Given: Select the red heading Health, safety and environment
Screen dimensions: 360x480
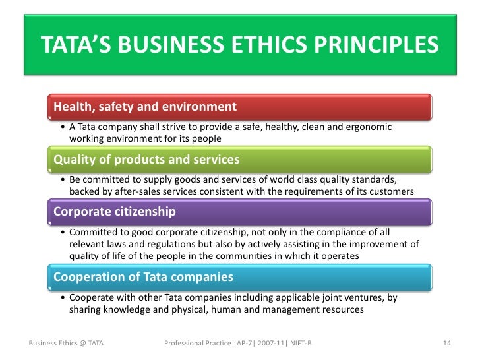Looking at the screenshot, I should tap(144, 106).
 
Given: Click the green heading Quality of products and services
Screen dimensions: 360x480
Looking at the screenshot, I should tap(146, 160).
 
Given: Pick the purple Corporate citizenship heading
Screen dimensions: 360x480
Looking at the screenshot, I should tap(114, 212).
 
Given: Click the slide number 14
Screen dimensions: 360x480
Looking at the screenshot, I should tap(446, 344).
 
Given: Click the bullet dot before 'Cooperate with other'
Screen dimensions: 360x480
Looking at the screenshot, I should tap(62, 298).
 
